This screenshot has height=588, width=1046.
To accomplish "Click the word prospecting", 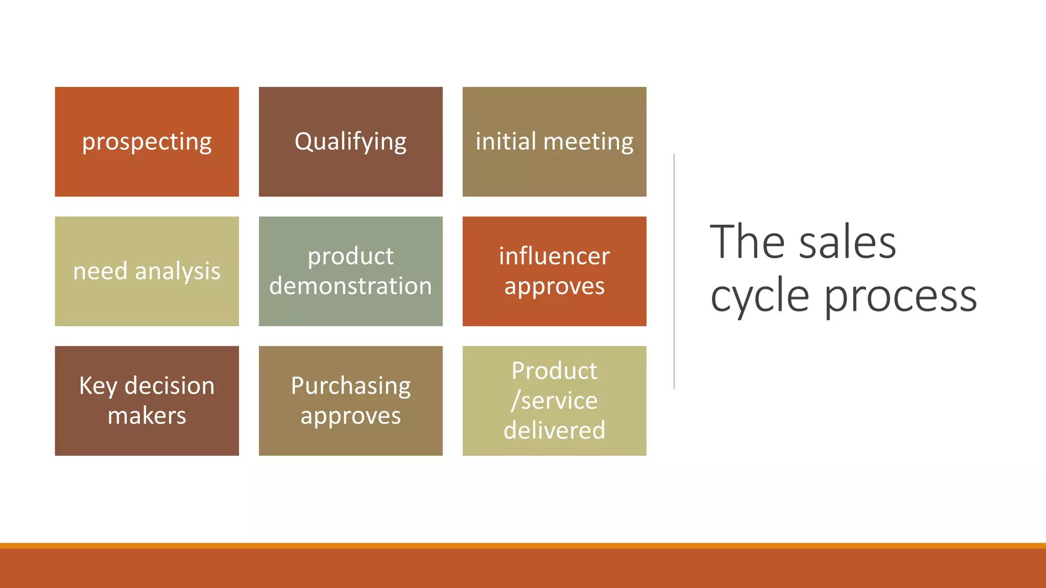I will pyautogui.click(x=147, y=142).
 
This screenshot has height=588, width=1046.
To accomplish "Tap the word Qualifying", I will pyautogui.click(x=350, y=142).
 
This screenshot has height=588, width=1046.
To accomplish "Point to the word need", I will pyautogui.click(x=100, y=271).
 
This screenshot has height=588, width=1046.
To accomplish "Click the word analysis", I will pyautogui.click(x=177, y=272).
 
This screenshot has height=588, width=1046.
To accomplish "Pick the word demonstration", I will pyautogui.click(x=350, y=286).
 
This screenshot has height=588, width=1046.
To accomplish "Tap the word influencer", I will pyautogui.click(x=554, y=256).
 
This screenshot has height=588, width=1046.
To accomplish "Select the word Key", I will pyautogui.click(x=98, y=386).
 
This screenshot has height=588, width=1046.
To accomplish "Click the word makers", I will pyautogui.click(x=147, y=415).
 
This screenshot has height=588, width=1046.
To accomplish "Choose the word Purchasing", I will pyautogui.click(x=350, y=386).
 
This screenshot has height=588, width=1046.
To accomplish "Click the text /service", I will pyautogui.click(x=554, y=401).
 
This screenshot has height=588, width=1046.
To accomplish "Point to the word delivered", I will pyautogui.click(x=554, y=430).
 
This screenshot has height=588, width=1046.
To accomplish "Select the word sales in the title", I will pyautogui.click(x=847, y=243).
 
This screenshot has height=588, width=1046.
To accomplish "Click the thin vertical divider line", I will pyautogui.click(x=674, y=271).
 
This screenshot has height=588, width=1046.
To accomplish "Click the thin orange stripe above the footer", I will pyautogui.click(x=523, y=546).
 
